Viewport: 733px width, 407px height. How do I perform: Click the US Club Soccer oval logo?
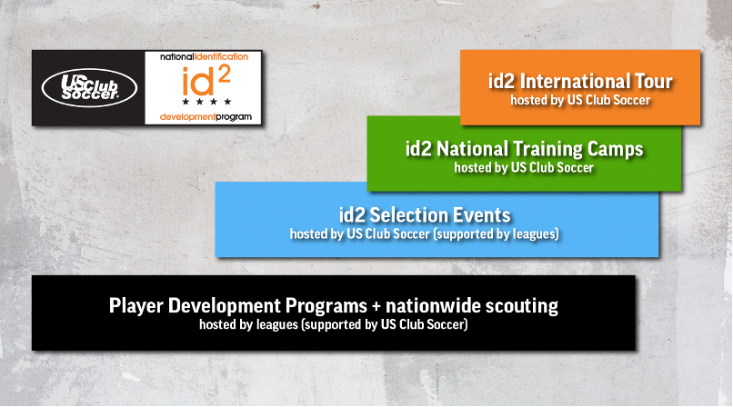pos(89,88)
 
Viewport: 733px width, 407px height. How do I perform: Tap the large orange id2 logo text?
pos(206,80)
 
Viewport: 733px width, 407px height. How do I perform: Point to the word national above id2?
pos(176,57)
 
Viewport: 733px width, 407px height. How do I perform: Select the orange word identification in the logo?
pos(221,57)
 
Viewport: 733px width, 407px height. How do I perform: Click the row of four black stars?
pos(206,101)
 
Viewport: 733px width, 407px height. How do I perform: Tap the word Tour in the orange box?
pos(653,81)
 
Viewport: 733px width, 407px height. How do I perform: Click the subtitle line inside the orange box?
pos(580,100)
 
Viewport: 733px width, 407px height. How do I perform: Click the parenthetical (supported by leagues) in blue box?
pos(496,233)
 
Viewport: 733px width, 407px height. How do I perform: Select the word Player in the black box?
pos(136,306)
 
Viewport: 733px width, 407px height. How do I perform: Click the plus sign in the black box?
pos(376,306)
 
